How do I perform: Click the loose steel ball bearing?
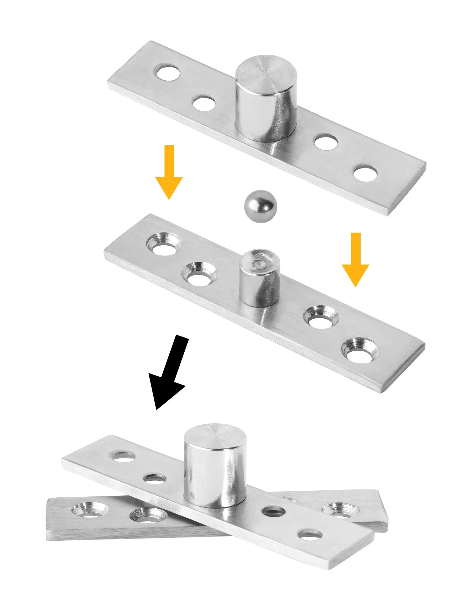260,206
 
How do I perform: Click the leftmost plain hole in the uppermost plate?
168,72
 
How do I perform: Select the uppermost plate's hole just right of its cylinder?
326,142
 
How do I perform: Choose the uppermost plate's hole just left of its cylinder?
204,103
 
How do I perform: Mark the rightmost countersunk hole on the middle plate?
360,351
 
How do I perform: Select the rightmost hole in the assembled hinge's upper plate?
310,535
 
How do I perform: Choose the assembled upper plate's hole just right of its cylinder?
273,511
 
